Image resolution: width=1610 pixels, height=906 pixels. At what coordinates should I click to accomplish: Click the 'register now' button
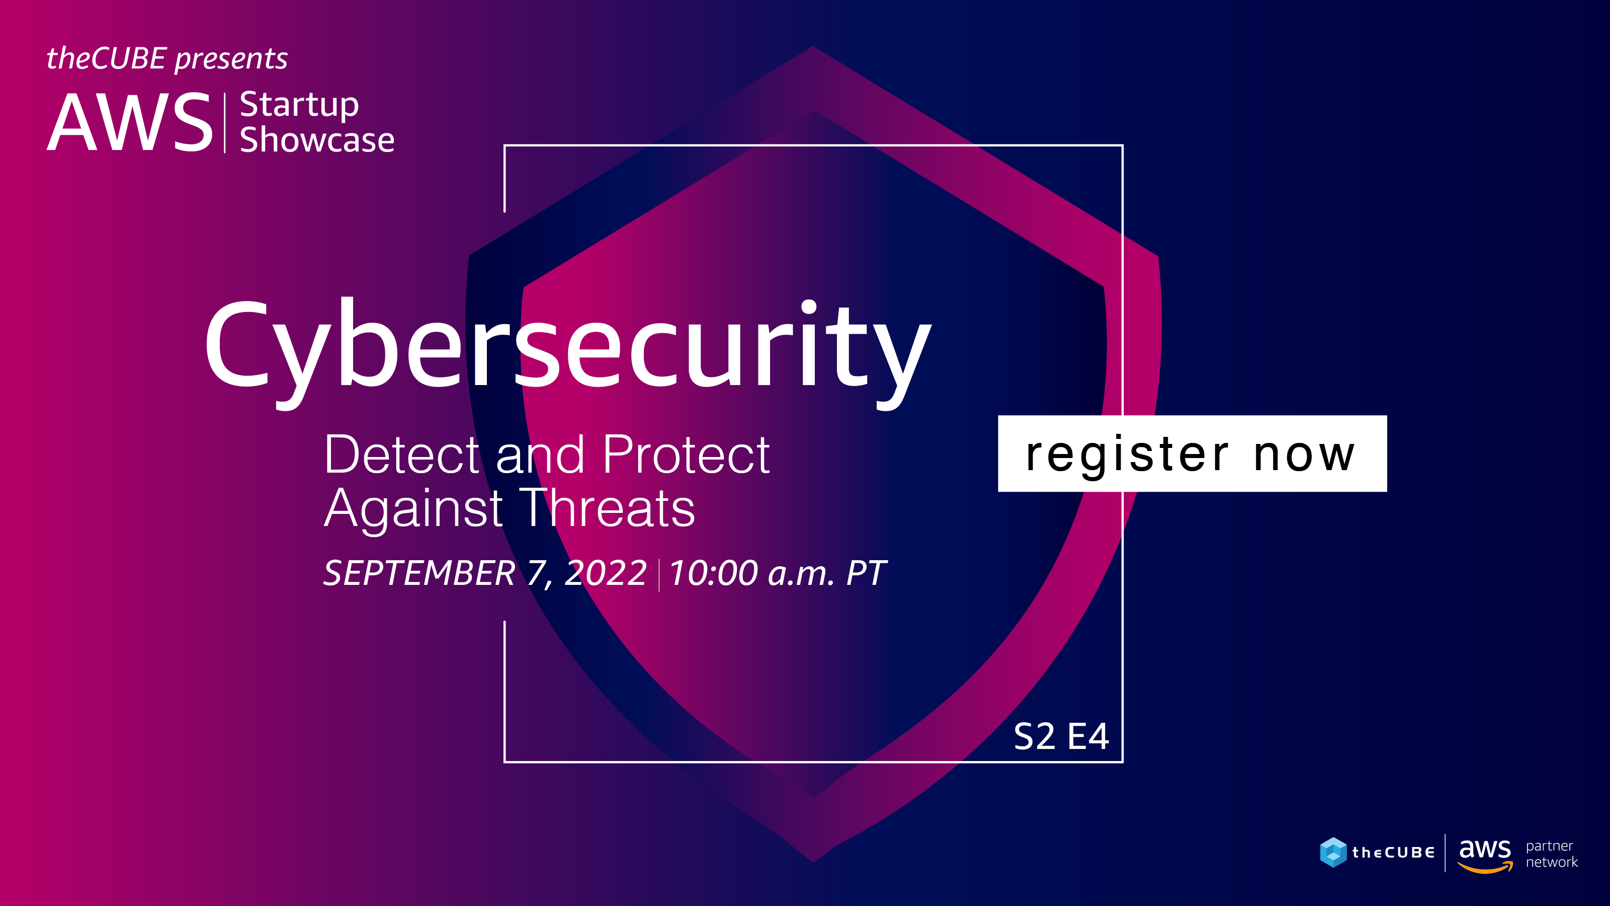(x=1192, y=454)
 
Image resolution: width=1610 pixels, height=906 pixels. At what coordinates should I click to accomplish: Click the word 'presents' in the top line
(x=231, y=59)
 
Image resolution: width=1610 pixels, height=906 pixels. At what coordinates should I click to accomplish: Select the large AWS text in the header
(x=130, y=122)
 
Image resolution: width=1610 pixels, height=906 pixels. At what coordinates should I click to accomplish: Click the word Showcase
(x=317, y=139)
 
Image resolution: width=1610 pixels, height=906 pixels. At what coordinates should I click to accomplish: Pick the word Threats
(x=607, y=508)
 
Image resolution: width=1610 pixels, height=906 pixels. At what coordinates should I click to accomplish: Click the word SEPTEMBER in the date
(x=419, y=573)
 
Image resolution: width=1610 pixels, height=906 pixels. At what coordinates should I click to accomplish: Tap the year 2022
(x=605, y=573)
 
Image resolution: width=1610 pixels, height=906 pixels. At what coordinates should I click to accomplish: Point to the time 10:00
(x=713, y=573)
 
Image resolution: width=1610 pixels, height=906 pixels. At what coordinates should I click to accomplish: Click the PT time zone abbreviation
(x=866, y=573)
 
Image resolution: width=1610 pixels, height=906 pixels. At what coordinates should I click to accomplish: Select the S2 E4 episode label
(x=1061, y=736)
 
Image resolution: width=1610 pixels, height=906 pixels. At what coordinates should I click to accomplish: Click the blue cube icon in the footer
(x=1333, y=852)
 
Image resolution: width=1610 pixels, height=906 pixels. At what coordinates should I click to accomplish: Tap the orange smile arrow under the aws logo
(x=1485, y=867)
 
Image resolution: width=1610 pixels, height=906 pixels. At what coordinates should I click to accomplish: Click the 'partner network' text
(x=1551, y=854)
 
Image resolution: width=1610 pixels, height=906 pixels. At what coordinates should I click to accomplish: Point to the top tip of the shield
(x=813, y=46)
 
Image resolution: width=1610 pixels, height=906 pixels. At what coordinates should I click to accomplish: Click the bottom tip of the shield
(x=814, y=862)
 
